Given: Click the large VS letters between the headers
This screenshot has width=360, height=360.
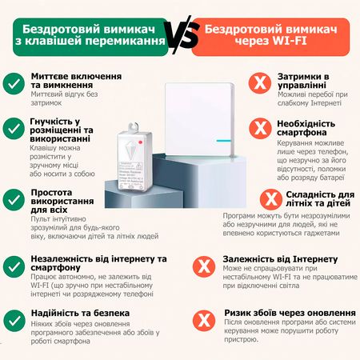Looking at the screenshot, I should pos(179,34).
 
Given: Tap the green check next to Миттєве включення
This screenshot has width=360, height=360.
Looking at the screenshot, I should pos(14,83).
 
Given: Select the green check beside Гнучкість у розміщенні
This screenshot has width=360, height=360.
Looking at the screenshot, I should pos(14,128).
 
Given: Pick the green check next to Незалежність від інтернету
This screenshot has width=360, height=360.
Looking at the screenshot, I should pos(14,265).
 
